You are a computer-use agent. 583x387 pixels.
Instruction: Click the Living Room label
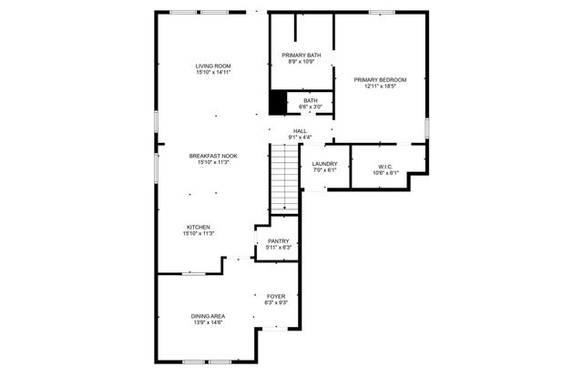[x=213, y=66]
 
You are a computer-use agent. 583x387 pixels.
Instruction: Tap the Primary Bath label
[x=301, y=55]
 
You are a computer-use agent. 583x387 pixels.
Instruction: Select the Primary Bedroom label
[x=380, y=79]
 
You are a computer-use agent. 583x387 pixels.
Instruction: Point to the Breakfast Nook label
[x=213, y=156]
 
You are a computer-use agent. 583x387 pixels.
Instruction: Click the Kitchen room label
[x=199, y=227]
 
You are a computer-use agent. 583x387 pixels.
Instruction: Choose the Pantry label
[x=278, y=240]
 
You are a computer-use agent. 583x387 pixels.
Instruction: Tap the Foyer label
[x=276, y=296]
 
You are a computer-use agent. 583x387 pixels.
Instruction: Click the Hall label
[x=300, y=130]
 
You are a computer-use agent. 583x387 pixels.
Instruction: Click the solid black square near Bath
[x=278, y=103]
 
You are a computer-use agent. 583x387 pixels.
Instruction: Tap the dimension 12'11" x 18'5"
[x=380, y=87]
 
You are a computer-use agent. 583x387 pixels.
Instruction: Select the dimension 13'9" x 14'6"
[x=208, y=322]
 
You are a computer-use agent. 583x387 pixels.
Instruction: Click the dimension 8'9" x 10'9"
[x=301, y=62]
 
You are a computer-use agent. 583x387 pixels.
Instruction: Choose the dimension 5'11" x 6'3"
[x=278, y=248]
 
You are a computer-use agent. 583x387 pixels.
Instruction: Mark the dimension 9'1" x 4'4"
[x=300, y=137]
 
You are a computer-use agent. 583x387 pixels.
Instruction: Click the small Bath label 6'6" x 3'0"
[x=311, y=104]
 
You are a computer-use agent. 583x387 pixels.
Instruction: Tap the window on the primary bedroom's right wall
[x=426, y=128]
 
